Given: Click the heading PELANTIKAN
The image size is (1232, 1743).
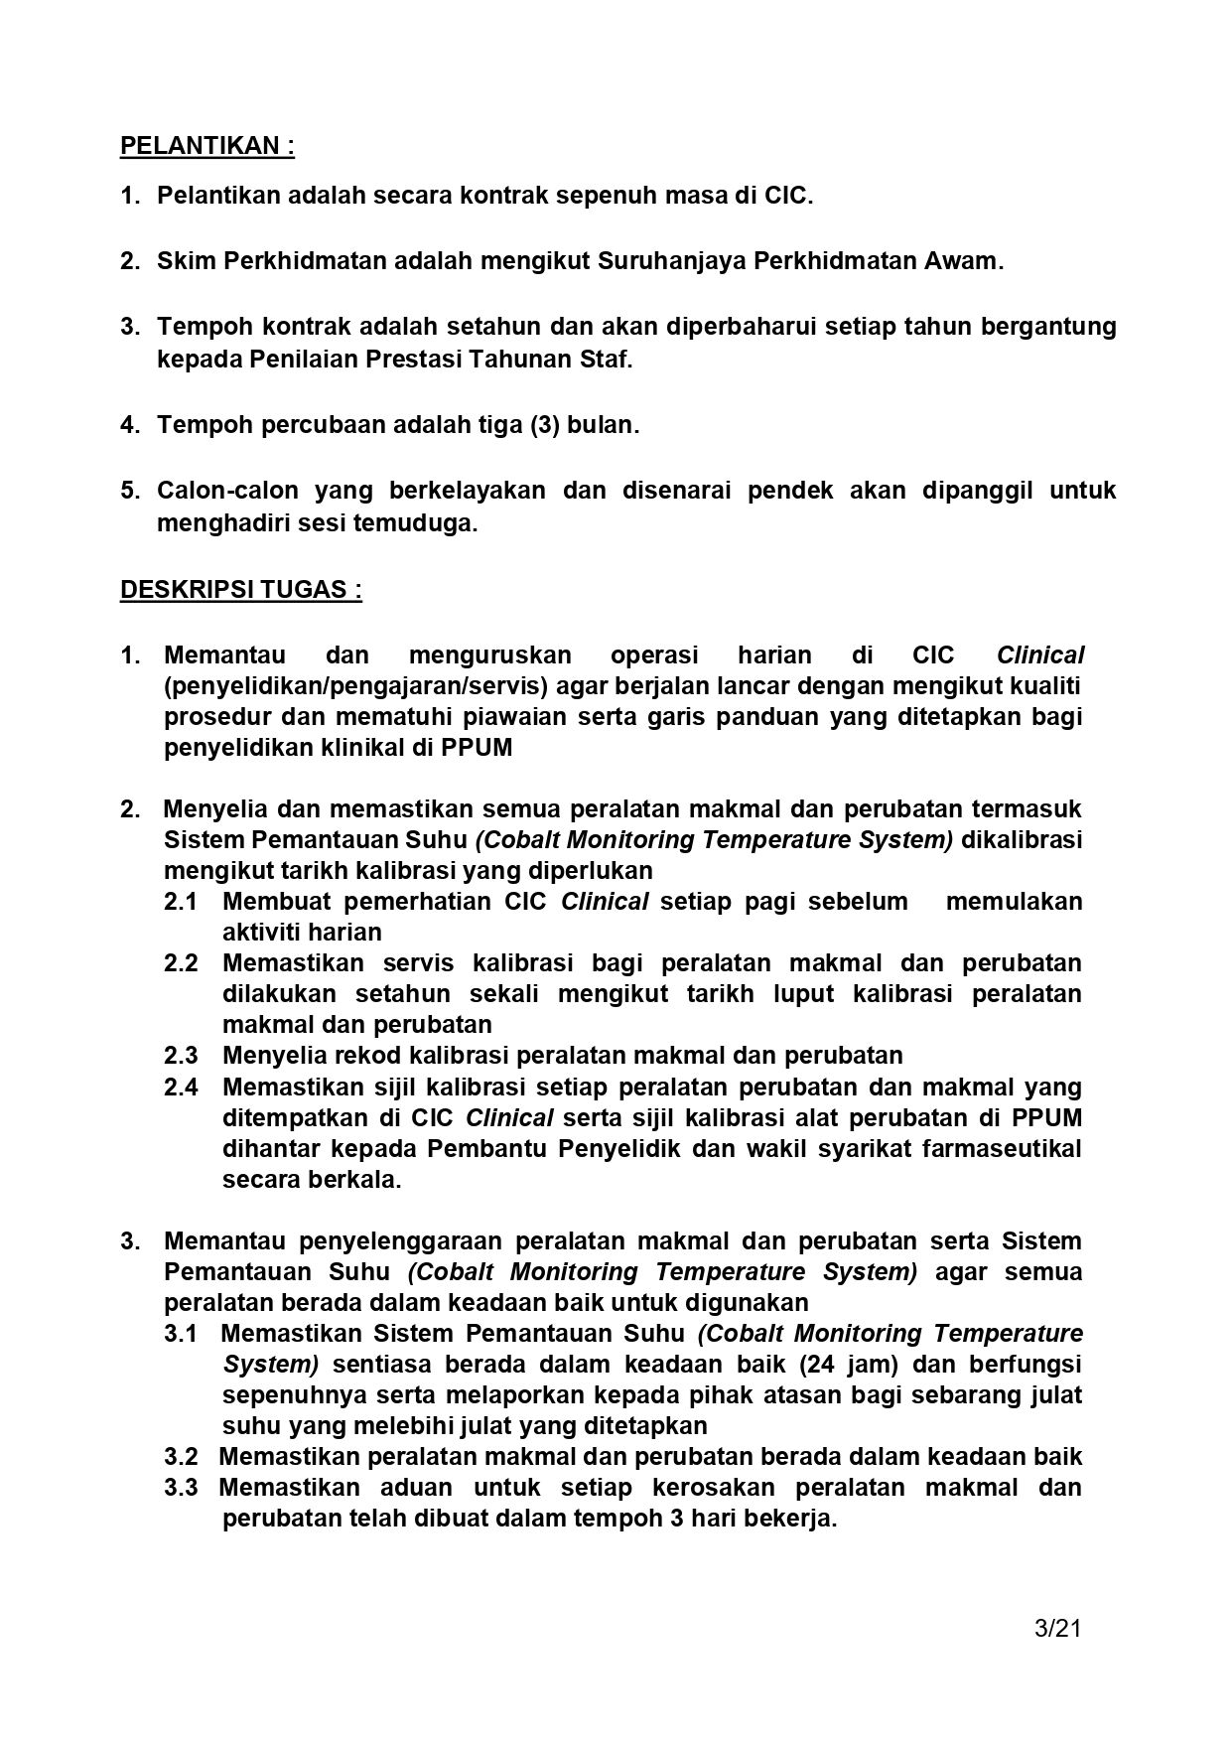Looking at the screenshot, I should pyautogui.click(x=206, y=146).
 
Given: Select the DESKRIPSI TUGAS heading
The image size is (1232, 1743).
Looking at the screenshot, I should pyautogui.click(x=240, y=590).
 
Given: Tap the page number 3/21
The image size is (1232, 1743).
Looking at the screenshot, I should pyautogui.click(x=1056, y=1628).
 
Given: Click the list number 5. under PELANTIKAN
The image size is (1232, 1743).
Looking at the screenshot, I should pyautogui.click(x=131, y=491).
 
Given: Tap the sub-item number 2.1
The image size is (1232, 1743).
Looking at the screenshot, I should pyautogui.click(x=181, y=902).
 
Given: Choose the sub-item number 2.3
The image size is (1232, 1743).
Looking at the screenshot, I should pyautogui.click(x=181, y=1056).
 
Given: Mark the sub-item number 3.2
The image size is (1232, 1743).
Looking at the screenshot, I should pyautogui.click(x=181, y=1457).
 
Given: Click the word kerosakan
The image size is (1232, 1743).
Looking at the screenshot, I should pyautogui.click(x=714, y=1488).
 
